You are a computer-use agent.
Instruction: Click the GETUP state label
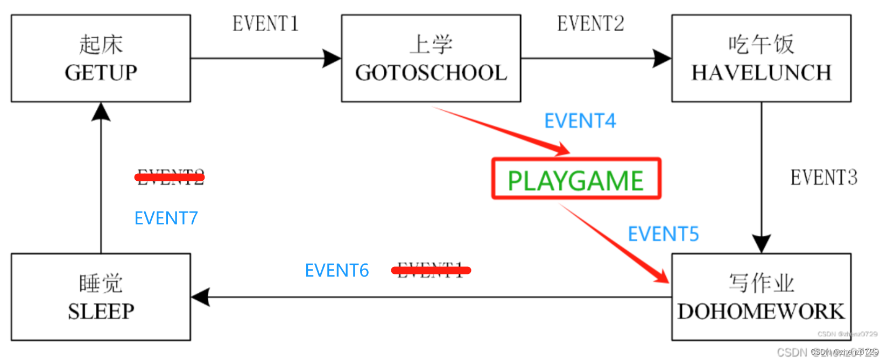tap(101, 73)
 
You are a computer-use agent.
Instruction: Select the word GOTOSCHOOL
tap(431, 73)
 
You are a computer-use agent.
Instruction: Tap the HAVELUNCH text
tap(761, 73)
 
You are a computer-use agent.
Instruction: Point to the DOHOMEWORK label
tap(761, 312)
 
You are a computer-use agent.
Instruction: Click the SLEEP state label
tap(101, 312)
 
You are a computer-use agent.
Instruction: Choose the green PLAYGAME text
tap(575, 181)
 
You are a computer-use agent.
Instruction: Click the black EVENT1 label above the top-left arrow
tap(265, 24)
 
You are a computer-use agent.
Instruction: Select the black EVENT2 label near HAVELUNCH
tap(590, 24)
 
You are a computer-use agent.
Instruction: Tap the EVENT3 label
tap(823, 178)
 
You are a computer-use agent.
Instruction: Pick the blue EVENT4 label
tap(580, 121)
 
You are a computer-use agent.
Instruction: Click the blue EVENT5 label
tap(663, 234)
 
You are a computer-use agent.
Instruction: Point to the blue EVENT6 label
tap(337, 270)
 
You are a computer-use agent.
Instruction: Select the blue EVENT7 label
tap(166, 218)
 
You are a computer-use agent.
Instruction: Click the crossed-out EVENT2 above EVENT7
tap(170, 177)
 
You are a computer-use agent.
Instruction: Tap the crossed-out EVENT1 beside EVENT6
tap(431, 270)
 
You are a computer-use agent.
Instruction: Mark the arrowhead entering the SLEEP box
tap(200, 297)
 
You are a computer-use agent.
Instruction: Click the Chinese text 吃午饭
tap(761, 45)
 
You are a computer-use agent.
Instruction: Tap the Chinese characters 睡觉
tap(101, 284)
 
